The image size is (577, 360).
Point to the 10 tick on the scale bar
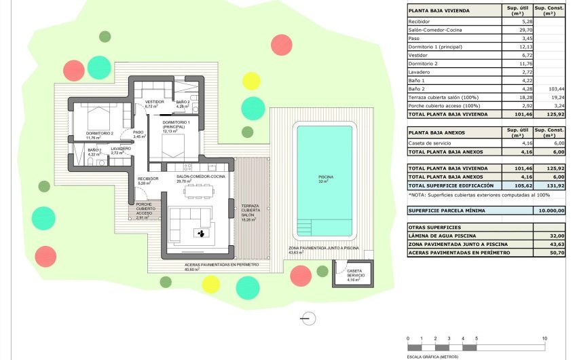coord(544,338)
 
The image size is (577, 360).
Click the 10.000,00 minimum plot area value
coord(549,211)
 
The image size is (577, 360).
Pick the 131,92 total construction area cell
coord(549,185)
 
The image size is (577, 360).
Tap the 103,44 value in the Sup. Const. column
coord(549,89)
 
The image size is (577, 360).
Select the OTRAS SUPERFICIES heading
coord(434,227)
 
